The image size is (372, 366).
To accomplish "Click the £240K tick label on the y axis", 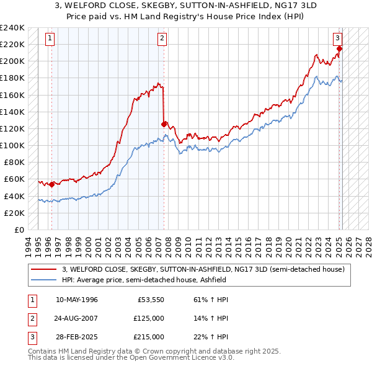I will coord(12,28).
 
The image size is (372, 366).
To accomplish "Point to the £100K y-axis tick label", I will coord(12,145).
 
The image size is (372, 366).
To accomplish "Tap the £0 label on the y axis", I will coord(19,230).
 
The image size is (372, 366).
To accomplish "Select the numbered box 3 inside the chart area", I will coord(339,38).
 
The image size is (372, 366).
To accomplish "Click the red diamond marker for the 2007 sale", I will coord(164,124).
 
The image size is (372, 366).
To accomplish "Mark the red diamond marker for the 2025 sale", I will coord(340,48).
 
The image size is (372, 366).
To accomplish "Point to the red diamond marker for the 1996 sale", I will coord(51,184).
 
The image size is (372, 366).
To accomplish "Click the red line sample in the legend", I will coord(43,270).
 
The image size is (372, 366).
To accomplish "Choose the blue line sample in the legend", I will coord(43,280).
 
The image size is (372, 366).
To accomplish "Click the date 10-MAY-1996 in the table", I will coord(77,300).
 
